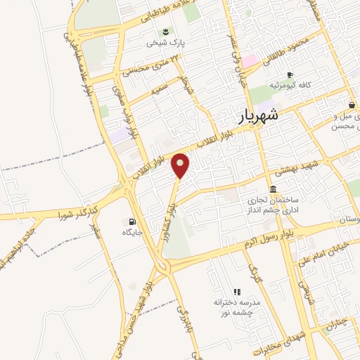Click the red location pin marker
coord(181,166)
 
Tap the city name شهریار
coord(256,115)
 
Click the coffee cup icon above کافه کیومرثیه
coord(289,75)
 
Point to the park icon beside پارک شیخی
coord(165,31)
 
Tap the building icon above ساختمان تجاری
coord(273,188)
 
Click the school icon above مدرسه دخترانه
coord(237,291)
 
